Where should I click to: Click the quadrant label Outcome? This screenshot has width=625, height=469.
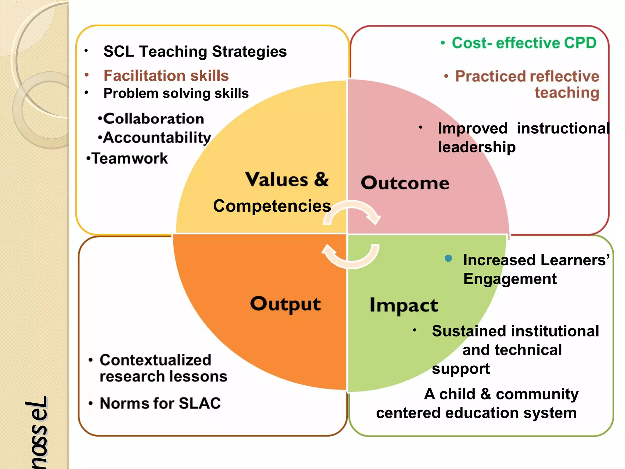(405, 183)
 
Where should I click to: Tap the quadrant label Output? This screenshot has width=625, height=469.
(285, 304)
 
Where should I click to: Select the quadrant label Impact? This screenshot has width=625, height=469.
(404, 305)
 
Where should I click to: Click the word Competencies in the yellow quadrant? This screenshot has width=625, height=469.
(272, 206)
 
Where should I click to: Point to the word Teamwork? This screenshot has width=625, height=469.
(130, 158)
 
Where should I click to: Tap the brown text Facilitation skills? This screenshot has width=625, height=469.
(166, 76)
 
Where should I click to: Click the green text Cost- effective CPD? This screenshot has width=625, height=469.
(524, 43)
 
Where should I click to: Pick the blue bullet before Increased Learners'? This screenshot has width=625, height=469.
(448, 258)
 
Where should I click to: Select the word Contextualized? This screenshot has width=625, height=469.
(155, 360)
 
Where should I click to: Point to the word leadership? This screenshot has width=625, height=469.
(477, 147)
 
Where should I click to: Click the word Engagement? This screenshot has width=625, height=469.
(510, 279)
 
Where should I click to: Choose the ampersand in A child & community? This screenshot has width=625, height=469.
(486, 394)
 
